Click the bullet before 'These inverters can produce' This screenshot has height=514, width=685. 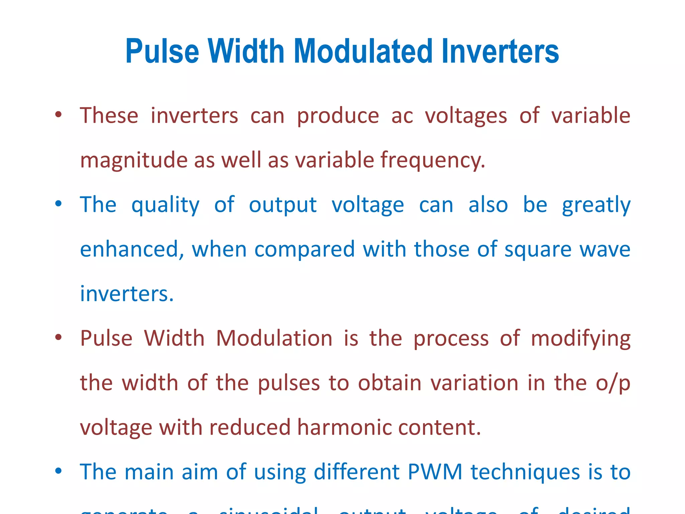(59, 115)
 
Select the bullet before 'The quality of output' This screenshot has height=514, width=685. (59, 204)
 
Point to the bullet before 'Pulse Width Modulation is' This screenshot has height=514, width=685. (59, 337)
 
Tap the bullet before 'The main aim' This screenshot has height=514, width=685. (59, 471)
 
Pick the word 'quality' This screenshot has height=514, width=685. (166, 205)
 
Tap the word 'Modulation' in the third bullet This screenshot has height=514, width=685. (274, 338)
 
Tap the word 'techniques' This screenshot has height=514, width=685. (525, 472)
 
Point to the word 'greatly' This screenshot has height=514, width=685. (596, 205)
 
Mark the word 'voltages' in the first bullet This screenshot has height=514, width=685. (466, 116)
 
